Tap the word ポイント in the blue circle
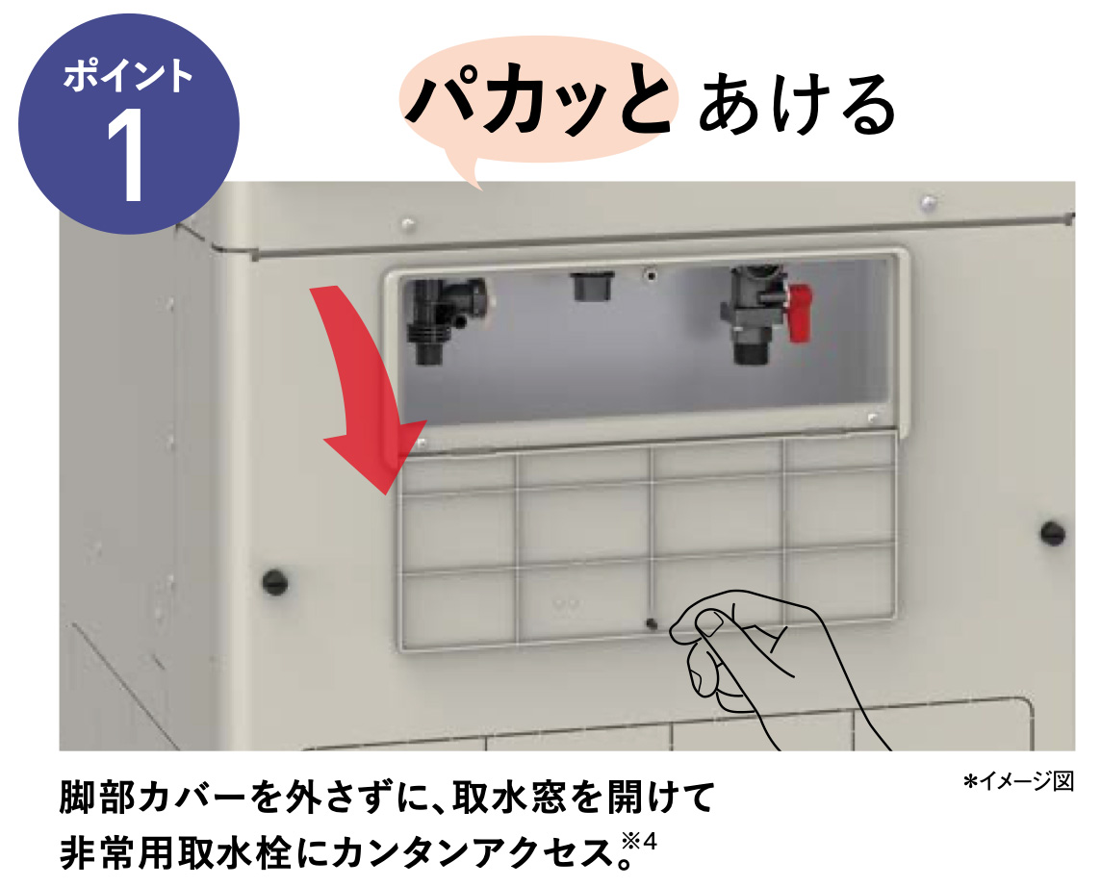[x=129, y=77]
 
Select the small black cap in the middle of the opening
[x=586, y=285]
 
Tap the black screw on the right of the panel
[x=1053, y=531]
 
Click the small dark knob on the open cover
[x=653, y=622]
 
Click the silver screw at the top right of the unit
[x=927, y=202]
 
